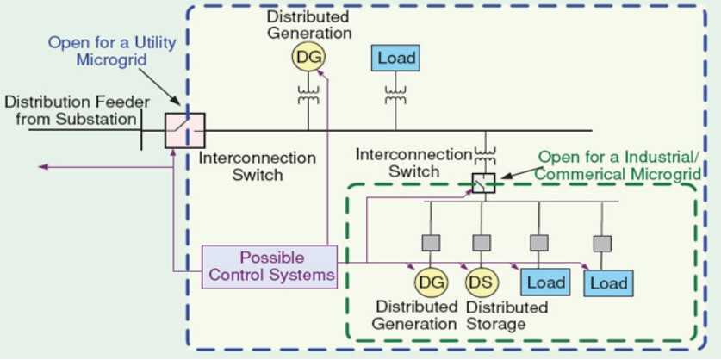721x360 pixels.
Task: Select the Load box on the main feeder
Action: [395, 59]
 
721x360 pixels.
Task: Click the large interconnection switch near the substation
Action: [185, 131]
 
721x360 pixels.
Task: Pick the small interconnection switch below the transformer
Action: [483, 183]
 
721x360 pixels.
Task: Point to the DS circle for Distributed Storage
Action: [481, 282]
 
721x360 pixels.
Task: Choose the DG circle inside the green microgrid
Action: [429, 282]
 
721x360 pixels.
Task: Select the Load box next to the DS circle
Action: [544, 282]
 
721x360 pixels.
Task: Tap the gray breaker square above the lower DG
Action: [429, 243]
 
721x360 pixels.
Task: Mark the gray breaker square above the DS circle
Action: [482, 243]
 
